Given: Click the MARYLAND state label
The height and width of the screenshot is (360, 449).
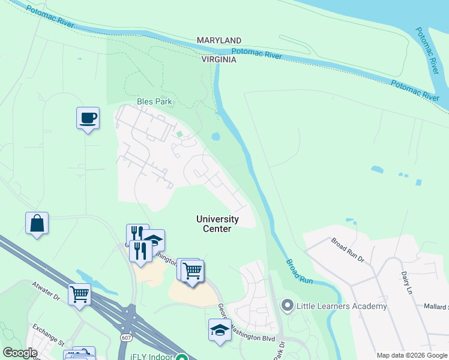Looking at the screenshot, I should click(x=219, y=40).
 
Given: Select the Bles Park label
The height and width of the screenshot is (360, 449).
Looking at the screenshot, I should click(x=154, y=101).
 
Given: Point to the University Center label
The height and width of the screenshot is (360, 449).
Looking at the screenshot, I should click(x=217, y=224).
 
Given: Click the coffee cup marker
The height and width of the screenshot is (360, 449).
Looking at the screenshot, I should click(x=88, y=118).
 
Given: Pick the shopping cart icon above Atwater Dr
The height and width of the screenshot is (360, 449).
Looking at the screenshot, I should click(x=79, y=294).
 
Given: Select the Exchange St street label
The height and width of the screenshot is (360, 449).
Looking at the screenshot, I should click(x=47, y=337).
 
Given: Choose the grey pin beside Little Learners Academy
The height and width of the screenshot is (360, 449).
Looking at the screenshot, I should click(x=287, y=306).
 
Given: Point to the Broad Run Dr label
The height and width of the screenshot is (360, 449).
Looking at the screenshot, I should click(x=348, y=250).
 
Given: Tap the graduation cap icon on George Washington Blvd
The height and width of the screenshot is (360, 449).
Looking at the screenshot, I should click(x=220, y=329).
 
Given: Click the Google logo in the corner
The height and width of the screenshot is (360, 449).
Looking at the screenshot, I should click(x=20, y=353).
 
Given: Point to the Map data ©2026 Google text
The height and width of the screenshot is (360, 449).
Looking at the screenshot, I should click(x=411, y=355).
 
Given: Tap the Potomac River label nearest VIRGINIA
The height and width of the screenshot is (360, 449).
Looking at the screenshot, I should click(x=257, y=55).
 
